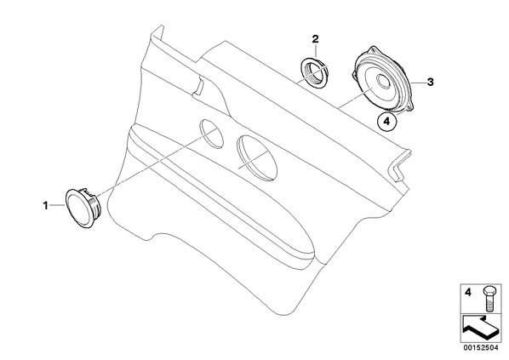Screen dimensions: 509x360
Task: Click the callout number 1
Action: click(46, 205)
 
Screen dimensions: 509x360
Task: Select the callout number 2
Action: click(315, 39)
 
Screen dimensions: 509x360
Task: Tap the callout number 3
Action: click(430, 83)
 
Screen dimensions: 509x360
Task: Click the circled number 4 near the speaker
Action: click(386, 122)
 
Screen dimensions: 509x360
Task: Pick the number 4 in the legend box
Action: click(468, 293)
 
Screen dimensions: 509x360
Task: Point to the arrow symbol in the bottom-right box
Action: click(479, 329)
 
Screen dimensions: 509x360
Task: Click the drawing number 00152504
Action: click(480, 348)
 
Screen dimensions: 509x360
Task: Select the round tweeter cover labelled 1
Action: click(78, 208)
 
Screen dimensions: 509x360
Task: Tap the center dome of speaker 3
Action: click(384, 81)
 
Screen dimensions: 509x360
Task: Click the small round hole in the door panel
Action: click(212, 134)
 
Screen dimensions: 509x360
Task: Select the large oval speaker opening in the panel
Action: click(257, 158)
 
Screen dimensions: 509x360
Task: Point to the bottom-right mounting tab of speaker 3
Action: click(412, 107)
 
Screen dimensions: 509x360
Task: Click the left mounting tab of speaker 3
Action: click(354, 74)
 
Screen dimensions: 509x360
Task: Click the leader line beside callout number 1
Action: click(57, 205)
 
